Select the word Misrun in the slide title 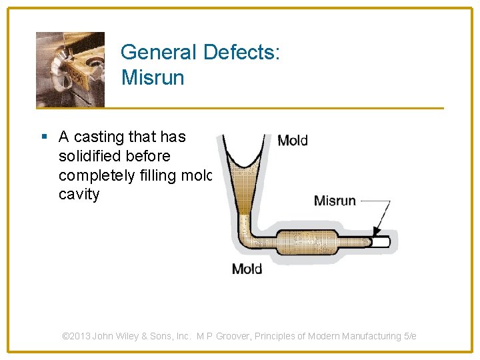pos(153,77)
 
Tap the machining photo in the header pos(70,69)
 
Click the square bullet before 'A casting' pos(45,137)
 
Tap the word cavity pos(79,195)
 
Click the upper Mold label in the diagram pos(292,140)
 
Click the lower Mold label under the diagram pos(247,269)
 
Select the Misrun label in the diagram pos(335,200)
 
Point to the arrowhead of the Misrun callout pos(376,233)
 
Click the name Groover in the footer pos(239,336)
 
